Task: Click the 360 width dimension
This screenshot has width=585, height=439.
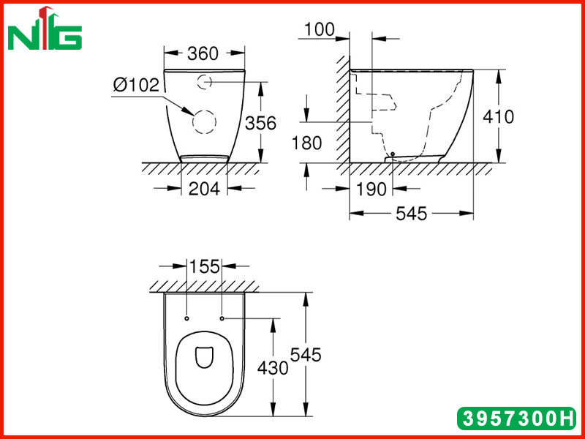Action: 203,53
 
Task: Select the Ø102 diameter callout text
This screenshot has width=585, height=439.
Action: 136,85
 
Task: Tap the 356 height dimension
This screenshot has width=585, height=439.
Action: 260,123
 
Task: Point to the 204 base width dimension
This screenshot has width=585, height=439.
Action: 204,189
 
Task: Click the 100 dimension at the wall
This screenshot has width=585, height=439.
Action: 320,29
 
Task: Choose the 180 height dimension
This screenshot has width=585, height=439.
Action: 306,143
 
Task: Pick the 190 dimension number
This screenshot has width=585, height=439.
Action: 371,190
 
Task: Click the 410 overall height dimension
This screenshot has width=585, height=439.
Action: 498,117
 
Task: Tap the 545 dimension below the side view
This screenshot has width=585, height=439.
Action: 411,214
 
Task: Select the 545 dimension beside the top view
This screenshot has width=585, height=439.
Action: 306,355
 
